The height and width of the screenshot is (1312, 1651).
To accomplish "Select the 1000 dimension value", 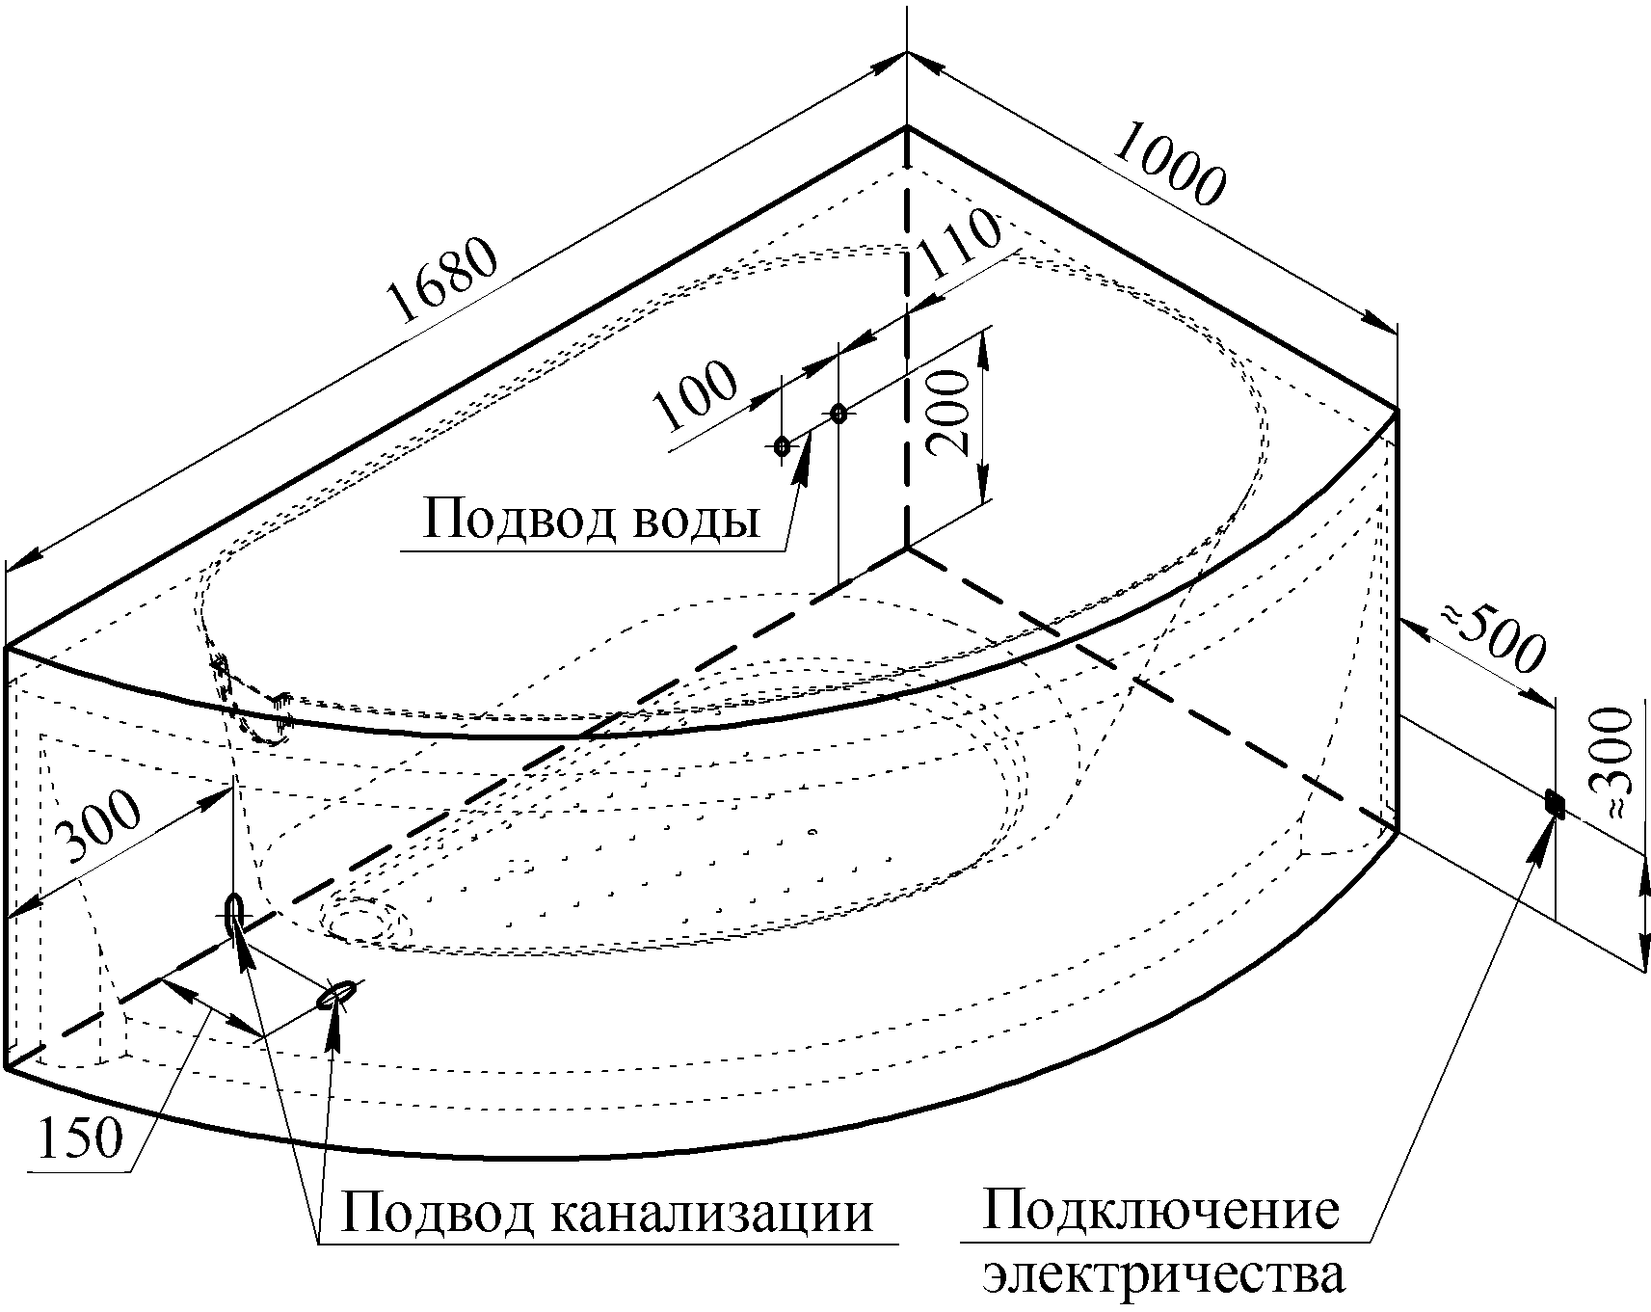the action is (1170, 169).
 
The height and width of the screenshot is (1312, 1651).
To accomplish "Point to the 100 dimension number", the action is (694, 395).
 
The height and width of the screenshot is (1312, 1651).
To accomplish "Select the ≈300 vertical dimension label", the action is (1613, 763).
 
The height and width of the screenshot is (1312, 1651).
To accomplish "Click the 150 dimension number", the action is (81, 1138).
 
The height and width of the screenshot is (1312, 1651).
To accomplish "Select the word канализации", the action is (712, 1213).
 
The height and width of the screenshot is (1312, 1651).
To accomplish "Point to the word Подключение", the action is (1159, 1211).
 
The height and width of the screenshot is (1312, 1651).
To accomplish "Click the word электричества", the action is (1163, 1274).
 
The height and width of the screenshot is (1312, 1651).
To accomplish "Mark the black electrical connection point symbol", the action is (1554, 802).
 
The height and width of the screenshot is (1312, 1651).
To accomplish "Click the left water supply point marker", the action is (782, 446).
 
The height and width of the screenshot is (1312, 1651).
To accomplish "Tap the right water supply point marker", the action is (839, 414).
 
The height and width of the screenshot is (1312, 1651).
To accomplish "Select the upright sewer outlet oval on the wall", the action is (233, 914).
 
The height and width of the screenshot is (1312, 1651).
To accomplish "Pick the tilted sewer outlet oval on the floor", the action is (336, 995).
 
